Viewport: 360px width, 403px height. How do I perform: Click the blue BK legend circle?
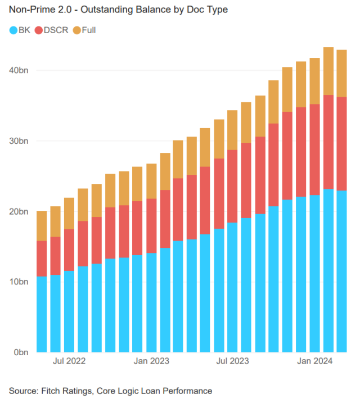(x=13, y=30)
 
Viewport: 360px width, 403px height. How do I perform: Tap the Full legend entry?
(x=88, y=30)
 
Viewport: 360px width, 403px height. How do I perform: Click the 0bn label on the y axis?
(x=21, y=352)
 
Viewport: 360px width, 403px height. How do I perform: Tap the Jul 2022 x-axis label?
(x=69, y=361)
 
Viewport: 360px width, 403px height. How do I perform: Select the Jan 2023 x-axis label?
(x=152, y=361)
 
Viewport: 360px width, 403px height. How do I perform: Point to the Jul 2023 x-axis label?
(x=233, y=361)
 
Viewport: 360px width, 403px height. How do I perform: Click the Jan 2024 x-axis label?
(x=315, y=361)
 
